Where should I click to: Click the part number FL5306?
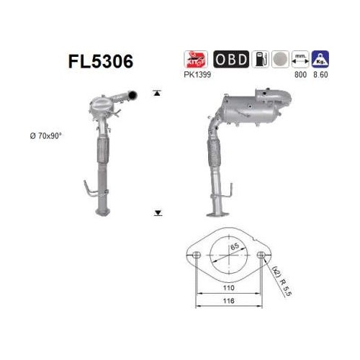pos(101,61)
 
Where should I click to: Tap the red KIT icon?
pos(196,59)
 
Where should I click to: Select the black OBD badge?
pos(231,59)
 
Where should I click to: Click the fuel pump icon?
pos(260,59)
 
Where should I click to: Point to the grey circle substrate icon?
pos(280,59)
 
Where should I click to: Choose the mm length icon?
pos(300,59)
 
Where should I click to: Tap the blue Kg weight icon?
pos(320,59)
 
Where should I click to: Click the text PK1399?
pos(197,75)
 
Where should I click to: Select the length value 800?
pos(300,75)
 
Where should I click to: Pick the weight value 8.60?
pos(320,75)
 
